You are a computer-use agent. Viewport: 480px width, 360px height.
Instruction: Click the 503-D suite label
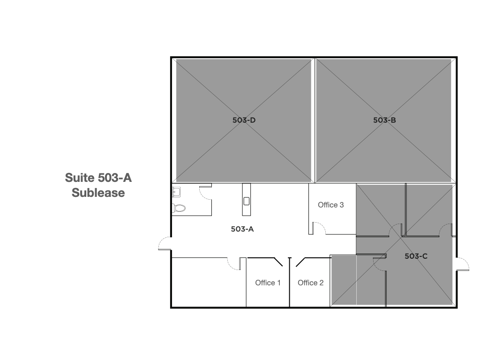pyautogui.click(x=244, y=120)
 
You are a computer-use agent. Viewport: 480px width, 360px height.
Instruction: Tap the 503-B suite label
pyautogui.click(x=384, y=120)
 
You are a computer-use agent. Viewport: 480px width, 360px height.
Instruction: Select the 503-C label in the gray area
pyautogui.click(x=416, y=256)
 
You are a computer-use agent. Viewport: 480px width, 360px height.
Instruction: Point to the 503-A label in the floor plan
pyautogui.click(x=242, y=229)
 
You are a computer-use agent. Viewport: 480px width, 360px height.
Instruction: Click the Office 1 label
pyautogui.click(x=268, y=283)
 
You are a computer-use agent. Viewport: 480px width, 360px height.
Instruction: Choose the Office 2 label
pyautogui.click(x=310, y=283)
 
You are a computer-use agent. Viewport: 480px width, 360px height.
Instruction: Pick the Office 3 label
pyautogui.click(x=330, y=205)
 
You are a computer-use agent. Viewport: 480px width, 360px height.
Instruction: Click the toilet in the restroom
pyautogui.click(x=179, y=208)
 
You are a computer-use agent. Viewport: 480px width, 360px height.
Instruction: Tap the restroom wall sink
pyautogui.click(x=176, y=192)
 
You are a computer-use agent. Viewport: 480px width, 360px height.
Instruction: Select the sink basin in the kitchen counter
pyautogui.click(x=247, y=201)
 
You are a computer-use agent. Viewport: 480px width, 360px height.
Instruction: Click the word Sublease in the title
pyautogui.click(x=98, y=193)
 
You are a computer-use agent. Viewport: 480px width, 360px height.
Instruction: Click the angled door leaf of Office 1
pyautogui.click(x=278, y=262)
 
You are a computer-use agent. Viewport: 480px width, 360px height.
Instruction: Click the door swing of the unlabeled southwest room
pyautogui.click(x=234, y=265)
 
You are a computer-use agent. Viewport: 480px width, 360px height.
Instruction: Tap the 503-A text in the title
pyautogui.click(x=115, y=178)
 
